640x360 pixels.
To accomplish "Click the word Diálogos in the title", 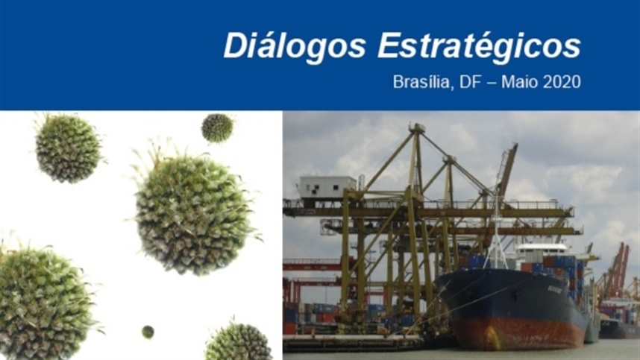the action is tap(294, 46).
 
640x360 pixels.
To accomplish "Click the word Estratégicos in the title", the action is tap(479, 45).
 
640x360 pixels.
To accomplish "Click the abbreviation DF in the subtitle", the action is tap(470, 82).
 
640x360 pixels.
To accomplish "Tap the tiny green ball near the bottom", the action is tap(148, 332).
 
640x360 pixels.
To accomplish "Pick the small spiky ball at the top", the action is tap(217, 127).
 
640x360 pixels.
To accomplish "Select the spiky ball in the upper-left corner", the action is tap(68, 148).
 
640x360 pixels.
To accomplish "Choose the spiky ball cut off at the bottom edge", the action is tap(239, 341).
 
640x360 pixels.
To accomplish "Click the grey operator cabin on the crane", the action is tap(327, 187).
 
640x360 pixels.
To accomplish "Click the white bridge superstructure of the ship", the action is tap(541, 250).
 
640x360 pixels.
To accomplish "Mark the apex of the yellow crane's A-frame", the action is tap(417, 127).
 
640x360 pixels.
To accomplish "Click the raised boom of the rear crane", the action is tap(508, 168).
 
